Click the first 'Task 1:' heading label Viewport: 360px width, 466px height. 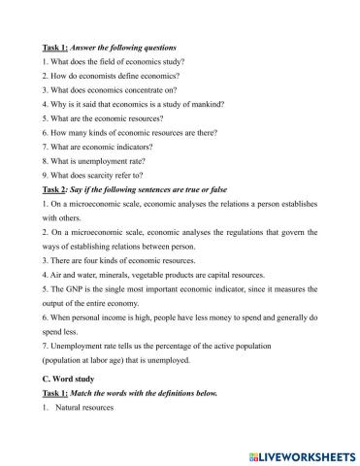point(56,47)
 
